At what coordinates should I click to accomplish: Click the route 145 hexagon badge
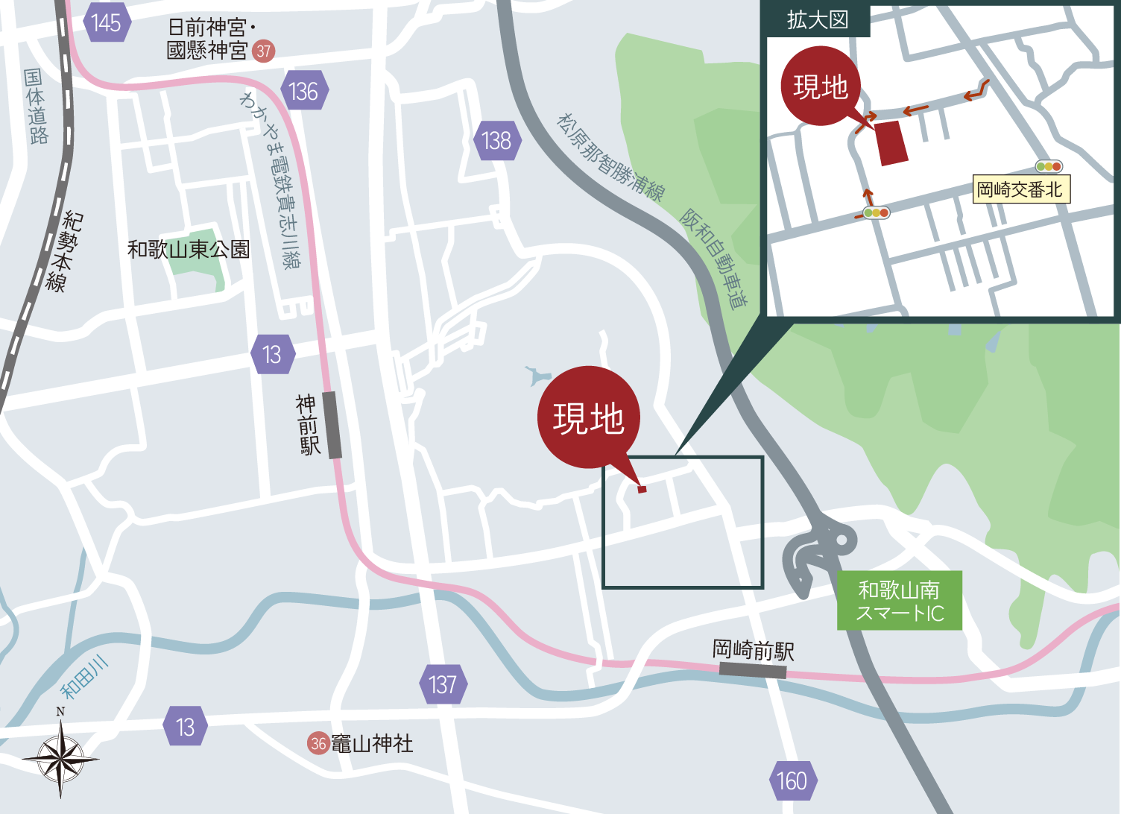107,23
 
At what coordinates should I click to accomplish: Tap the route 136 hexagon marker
303,92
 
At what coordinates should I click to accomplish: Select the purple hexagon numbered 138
496,140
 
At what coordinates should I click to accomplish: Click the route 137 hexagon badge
443,684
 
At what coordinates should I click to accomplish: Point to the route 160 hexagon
792,780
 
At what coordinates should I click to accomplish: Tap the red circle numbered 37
263,51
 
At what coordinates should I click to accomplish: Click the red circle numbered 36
319,743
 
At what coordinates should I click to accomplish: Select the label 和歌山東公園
188,249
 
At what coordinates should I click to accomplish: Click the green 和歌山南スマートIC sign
900,601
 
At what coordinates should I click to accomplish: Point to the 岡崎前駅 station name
754,650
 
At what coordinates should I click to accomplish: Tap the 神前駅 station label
307,425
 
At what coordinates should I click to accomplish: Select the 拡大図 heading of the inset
818,20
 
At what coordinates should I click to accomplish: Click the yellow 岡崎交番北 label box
1020,189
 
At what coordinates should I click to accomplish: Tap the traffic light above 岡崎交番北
1049,167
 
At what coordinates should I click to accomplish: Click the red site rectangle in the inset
892,143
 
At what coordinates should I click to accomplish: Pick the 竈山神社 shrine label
372,743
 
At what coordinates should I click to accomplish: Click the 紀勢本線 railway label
64,250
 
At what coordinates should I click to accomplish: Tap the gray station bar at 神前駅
332,425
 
